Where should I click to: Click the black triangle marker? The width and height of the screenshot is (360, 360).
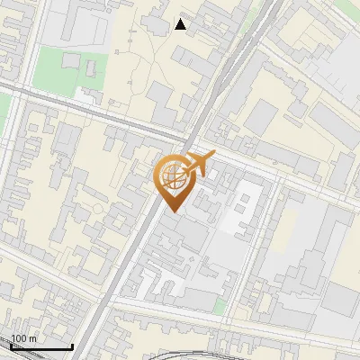click(x=181, y=24)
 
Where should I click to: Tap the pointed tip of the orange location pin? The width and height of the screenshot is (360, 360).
click(x=173, y=211)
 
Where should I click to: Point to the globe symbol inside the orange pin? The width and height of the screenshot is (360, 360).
click(x=173, y=176)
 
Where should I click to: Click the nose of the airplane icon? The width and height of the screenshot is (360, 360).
click(x=213, y=155)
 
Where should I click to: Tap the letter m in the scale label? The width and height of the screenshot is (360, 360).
click(x=32, y=338)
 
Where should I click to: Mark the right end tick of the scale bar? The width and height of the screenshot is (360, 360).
click(x=72, y=346)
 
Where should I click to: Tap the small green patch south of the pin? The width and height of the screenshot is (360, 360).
click(x=220, y=306)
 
